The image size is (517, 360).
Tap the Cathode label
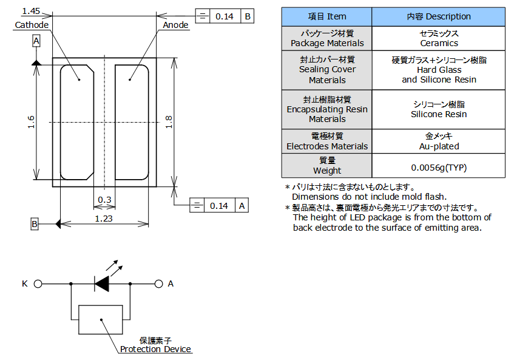[32, 25]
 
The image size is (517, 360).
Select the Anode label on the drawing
[175, 25]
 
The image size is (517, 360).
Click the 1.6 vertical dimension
[31, 123]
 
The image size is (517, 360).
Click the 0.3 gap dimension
[104, 200]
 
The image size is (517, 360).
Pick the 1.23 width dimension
[103, 219]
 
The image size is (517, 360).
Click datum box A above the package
[36, 41]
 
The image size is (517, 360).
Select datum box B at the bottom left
[35, 224]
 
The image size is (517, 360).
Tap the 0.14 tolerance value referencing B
[225, 16]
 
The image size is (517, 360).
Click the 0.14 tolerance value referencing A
[219, 206]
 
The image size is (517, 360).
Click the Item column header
[327, 16]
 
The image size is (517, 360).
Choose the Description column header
[439, 16]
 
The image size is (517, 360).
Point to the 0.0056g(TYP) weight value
[439, 167]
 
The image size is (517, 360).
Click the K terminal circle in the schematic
[38, 284]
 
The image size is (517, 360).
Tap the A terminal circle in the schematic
[159, 284]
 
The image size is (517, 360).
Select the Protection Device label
[155, 349]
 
